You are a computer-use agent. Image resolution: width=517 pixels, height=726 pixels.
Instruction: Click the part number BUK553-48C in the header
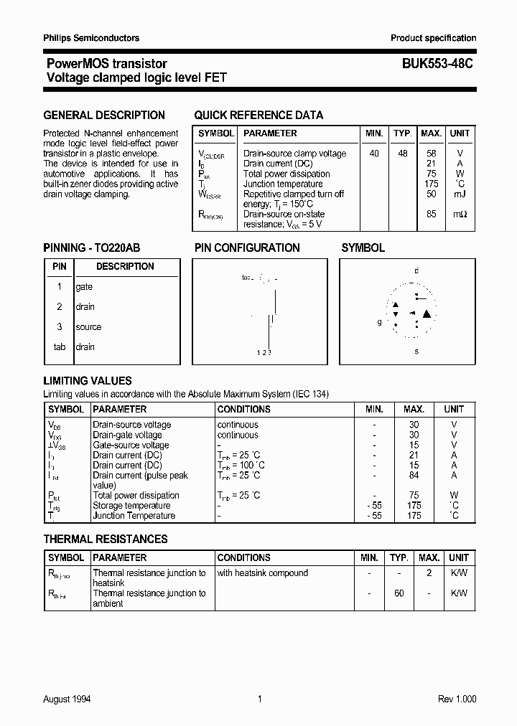point(432,64)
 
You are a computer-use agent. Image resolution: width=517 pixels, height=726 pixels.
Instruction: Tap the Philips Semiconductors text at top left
point(91,38)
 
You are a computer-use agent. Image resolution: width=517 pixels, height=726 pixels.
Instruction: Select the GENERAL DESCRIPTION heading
point(104,115)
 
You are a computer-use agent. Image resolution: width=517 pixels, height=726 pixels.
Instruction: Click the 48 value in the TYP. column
point(402,154)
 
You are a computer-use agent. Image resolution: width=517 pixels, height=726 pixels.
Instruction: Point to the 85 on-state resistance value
point(431,214)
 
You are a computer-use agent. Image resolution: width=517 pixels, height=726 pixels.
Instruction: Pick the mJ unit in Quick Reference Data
point(460,194)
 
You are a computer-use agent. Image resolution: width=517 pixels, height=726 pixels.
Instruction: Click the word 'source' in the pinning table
point(88,327)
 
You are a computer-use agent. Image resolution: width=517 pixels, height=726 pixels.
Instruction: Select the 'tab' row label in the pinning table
point(60,347)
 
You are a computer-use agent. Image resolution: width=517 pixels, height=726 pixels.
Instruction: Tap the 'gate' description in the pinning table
point(84,287)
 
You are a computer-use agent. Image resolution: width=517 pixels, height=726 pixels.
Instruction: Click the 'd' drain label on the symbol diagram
point(416,270)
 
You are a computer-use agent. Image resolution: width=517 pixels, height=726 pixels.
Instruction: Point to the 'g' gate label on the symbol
point(380,322)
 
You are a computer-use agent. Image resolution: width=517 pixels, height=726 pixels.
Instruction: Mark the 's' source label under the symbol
point(416,352)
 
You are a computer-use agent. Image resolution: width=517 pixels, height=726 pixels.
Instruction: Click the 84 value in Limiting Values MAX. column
point(414,475)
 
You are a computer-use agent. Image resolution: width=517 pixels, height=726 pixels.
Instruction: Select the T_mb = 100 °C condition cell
point(240,465)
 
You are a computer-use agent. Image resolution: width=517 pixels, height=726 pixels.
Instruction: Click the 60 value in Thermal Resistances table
point(399,593)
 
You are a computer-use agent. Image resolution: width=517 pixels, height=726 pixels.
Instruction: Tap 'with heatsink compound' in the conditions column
point(263,573)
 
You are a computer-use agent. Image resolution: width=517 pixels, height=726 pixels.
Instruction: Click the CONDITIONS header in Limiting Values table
point(243,409)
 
